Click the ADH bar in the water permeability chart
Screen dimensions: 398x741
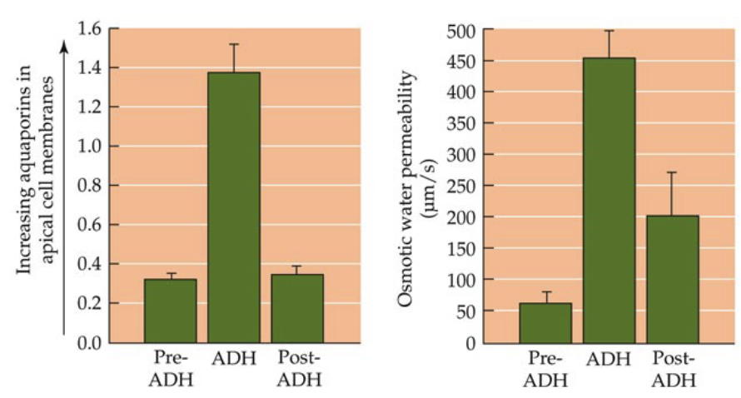point(609,200)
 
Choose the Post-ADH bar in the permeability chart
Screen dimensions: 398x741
point(672,278)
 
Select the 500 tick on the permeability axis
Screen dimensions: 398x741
point(461,30)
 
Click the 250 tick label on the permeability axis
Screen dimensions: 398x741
point(461,186)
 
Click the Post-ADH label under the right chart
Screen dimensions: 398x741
point(673,370)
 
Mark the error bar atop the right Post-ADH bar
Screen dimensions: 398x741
point(672,193)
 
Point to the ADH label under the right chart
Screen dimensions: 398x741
point(609,361)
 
